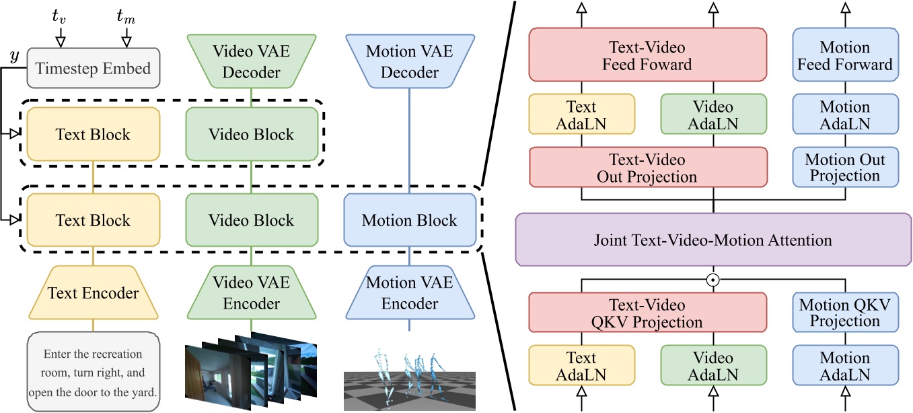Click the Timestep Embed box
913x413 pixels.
click(x=93, y=68)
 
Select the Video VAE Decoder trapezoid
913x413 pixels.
click(x=251, y=61)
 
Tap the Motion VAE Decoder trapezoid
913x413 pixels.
click(x=409, y=61)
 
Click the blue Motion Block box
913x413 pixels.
click(x=409, y=220)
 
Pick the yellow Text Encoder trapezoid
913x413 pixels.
click(x=93, y=293)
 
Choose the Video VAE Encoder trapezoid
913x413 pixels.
click(x=251, y=293)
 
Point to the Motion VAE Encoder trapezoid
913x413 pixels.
click(x=409, y=293)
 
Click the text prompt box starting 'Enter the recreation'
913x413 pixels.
click(x=94, y=371)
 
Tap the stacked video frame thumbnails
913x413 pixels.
click(x=251, y=371)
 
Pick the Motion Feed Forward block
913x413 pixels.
click(x=845, y=56)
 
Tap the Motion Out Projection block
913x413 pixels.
click(x=845, y=168)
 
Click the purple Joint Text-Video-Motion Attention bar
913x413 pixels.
click(x=713, y=240)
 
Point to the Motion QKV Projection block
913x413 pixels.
click(x=845, y=313)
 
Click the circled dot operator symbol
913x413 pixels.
click(x=713, y=278)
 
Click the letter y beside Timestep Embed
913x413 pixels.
click(x=13, y=57)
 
